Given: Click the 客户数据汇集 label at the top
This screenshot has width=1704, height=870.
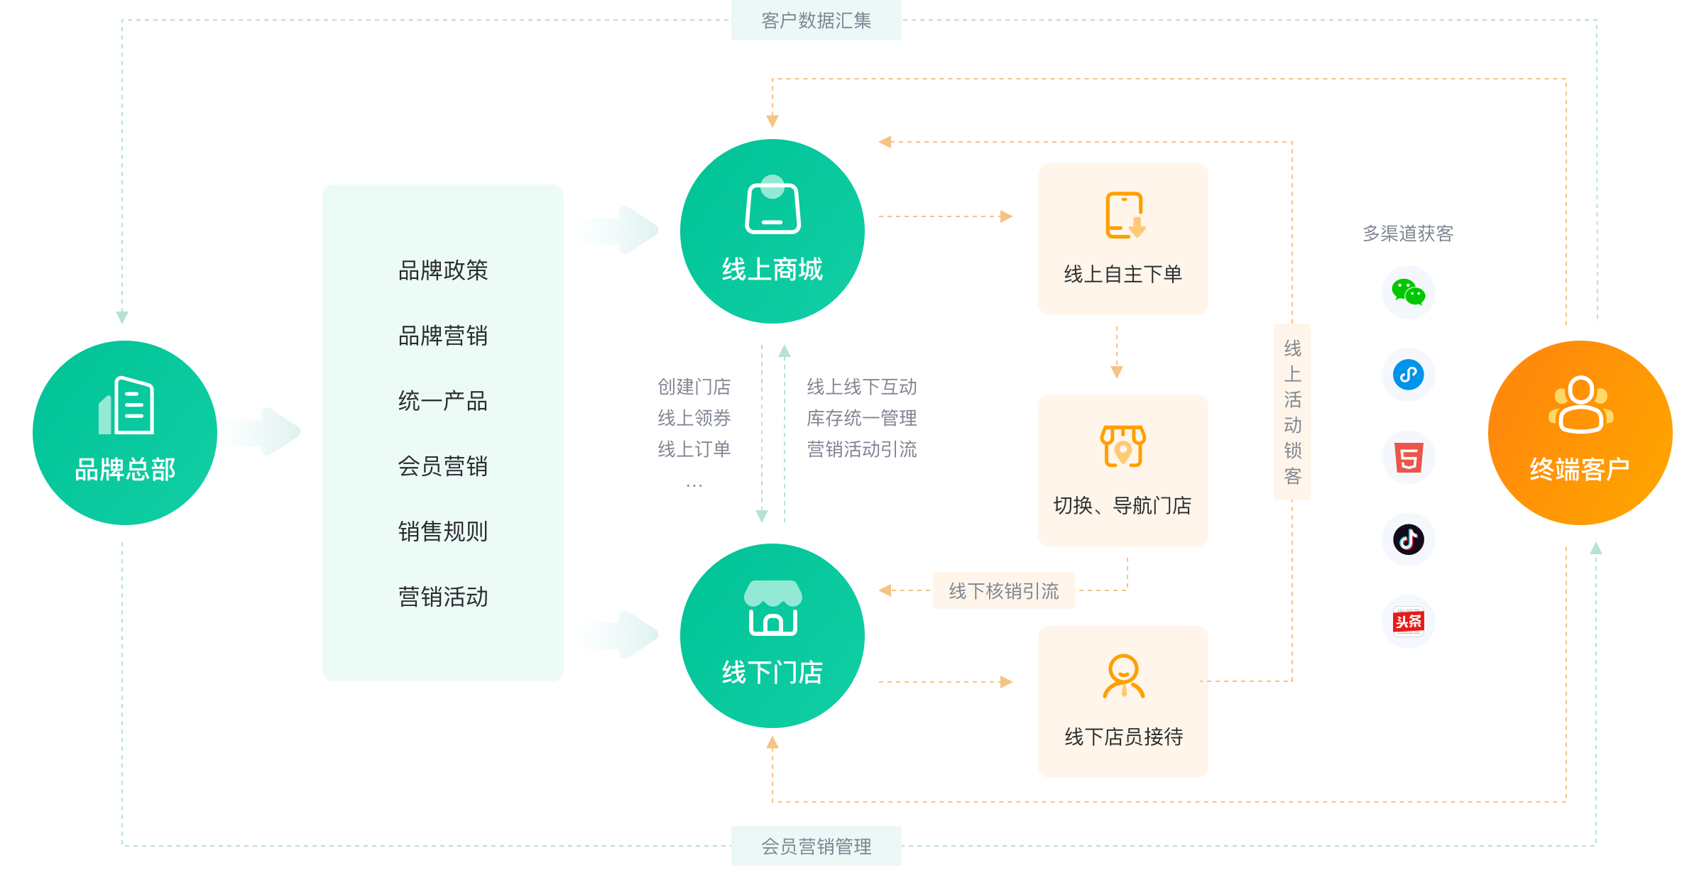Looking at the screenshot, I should [x=816, y=21].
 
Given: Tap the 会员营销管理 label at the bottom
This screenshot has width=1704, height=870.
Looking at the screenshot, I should [x=816, y=846].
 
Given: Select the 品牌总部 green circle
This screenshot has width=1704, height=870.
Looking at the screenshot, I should [x=125, y=433].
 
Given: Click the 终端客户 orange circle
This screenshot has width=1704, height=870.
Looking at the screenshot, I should [x=1580, y=433].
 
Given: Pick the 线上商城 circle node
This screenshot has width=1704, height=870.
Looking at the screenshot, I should [x=772, y=231].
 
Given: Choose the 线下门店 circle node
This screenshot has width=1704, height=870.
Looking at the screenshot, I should [x=772, y=636].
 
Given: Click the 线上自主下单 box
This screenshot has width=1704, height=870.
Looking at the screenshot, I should [x=1123, y=239].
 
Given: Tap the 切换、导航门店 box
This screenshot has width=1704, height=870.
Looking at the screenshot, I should [x=1123, y=470].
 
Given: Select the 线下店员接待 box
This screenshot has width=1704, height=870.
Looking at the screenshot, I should [x=1123, y=702].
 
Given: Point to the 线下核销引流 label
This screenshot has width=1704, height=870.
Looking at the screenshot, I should [x=1003, y=590].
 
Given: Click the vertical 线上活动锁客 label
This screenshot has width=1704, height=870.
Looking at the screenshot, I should [x=1292, y=412].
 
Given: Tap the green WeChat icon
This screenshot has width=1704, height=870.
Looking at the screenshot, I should [x=1409, y=292].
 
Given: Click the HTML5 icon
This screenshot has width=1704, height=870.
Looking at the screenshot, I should [x=1409, y=457].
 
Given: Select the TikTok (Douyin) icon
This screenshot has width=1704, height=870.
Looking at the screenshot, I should [x=1409, y=539].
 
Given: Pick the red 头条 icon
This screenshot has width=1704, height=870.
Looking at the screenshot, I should [x=1409, y=622].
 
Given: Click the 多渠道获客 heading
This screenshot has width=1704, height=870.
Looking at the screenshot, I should [x=1408, y=233].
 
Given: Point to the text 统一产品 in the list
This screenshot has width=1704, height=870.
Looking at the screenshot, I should [x=443, y=401].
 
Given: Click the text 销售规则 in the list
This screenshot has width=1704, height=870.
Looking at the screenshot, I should [x=443, y=532].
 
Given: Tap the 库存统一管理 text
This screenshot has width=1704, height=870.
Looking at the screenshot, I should [x=861, y=418].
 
